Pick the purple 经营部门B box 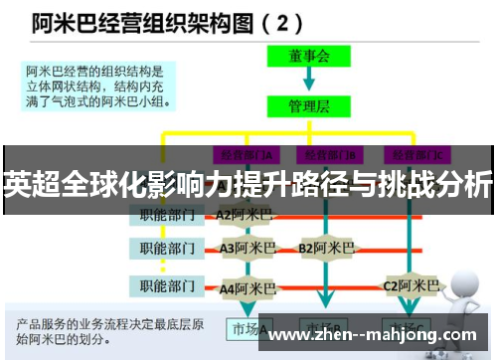(x=331, y=154)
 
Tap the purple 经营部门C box (x=415, y=154)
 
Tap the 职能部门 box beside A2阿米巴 (x=167, y=214)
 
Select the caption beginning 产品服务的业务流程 (x=109, y=330)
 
